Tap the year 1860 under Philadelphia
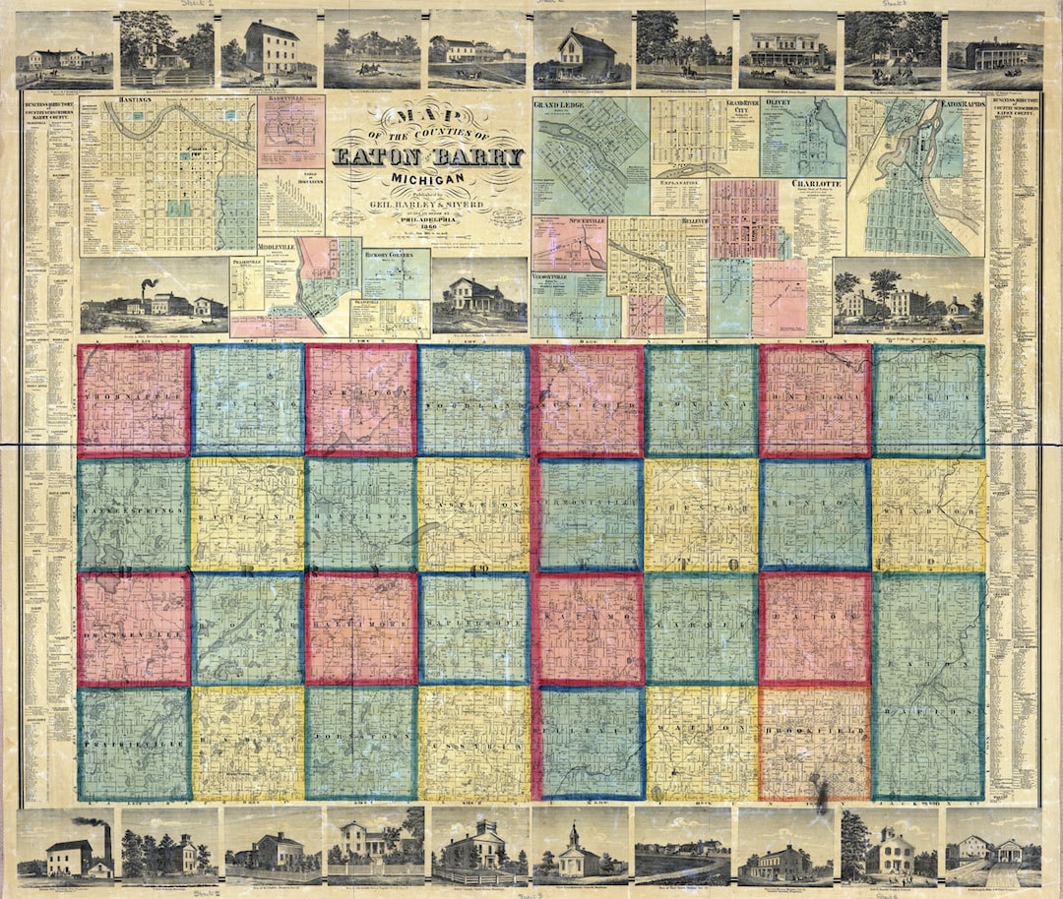coord(428,224)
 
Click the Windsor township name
coord(928,510)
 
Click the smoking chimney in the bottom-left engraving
coord(106,838)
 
